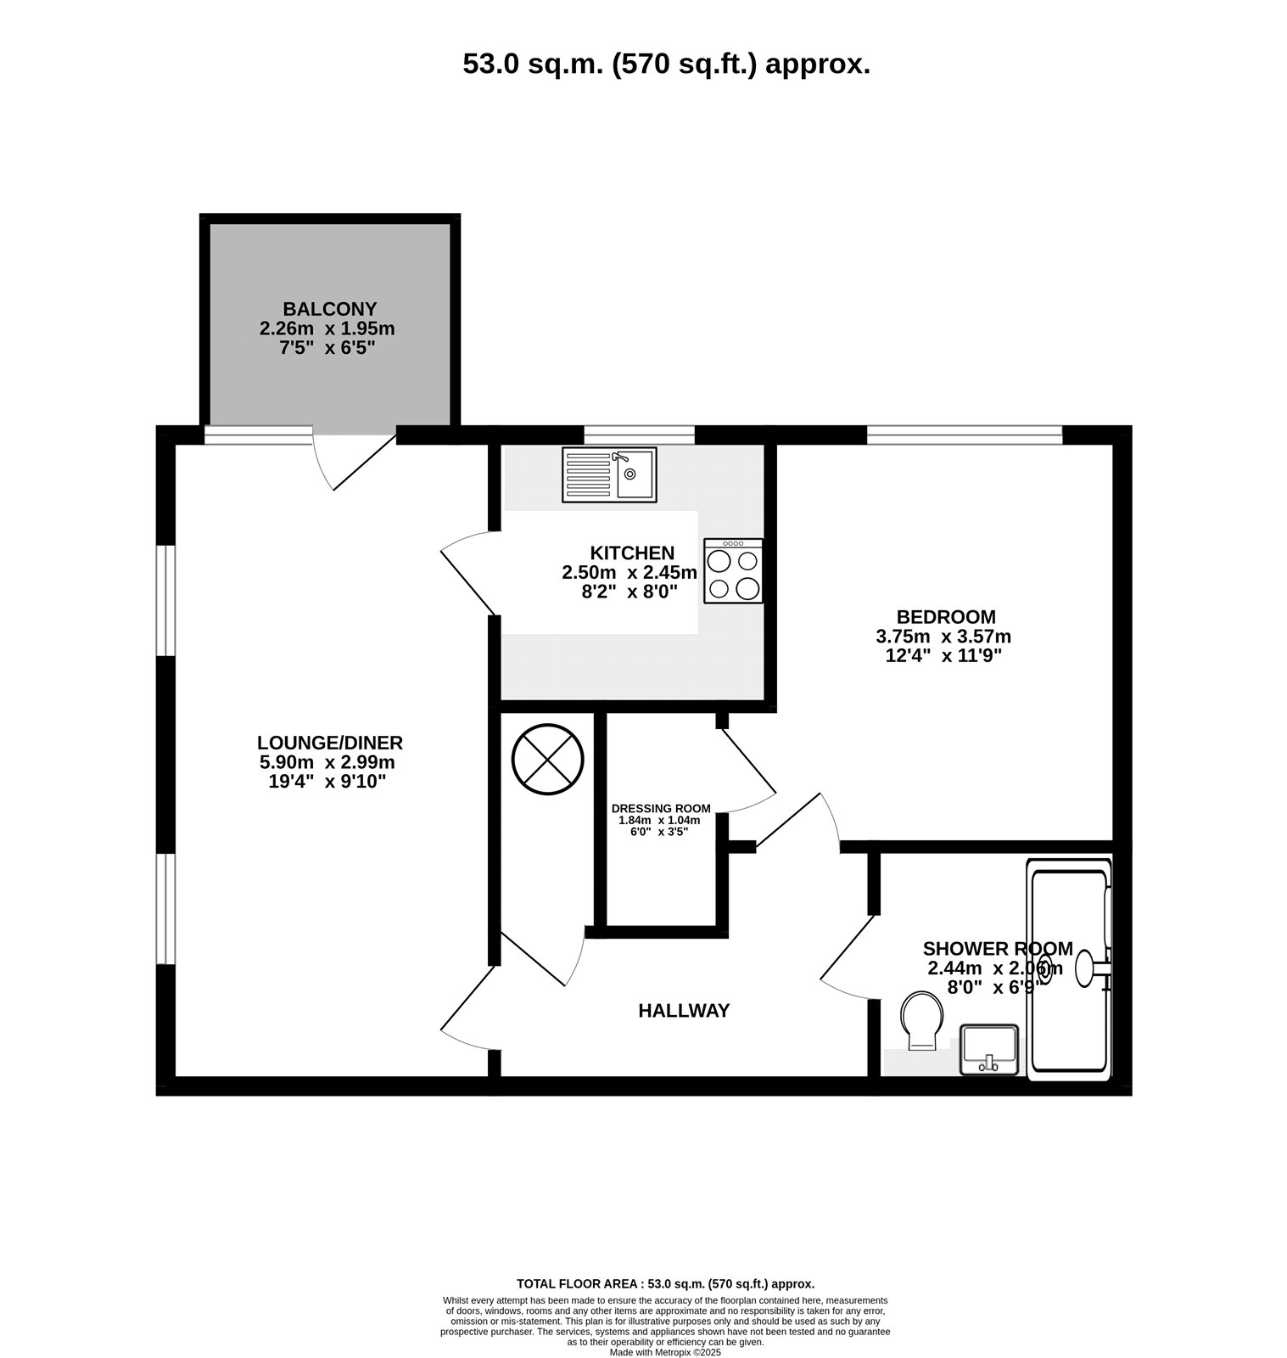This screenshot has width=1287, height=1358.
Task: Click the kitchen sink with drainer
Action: (609, 474)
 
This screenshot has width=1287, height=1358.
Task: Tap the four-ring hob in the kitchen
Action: (733, 571)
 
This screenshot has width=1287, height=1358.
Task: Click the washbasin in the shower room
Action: (988, 1050)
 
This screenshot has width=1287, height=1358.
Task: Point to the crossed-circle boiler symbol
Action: (548, 759)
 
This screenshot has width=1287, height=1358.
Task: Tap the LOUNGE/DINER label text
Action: (331, 743)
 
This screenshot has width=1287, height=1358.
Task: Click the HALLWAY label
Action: (684, 1011)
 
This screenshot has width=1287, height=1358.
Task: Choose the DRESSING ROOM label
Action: (662, 808)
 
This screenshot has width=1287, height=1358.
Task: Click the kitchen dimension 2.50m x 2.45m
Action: (630, 573)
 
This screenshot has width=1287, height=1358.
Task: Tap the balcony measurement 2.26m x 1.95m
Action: (327, 328)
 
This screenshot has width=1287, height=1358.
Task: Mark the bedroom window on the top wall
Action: (965, 436)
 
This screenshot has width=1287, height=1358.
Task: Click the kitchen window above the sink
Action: (641, 436)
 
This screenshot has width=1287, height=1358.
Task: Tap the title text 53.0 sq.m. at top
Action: (534, 65)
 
